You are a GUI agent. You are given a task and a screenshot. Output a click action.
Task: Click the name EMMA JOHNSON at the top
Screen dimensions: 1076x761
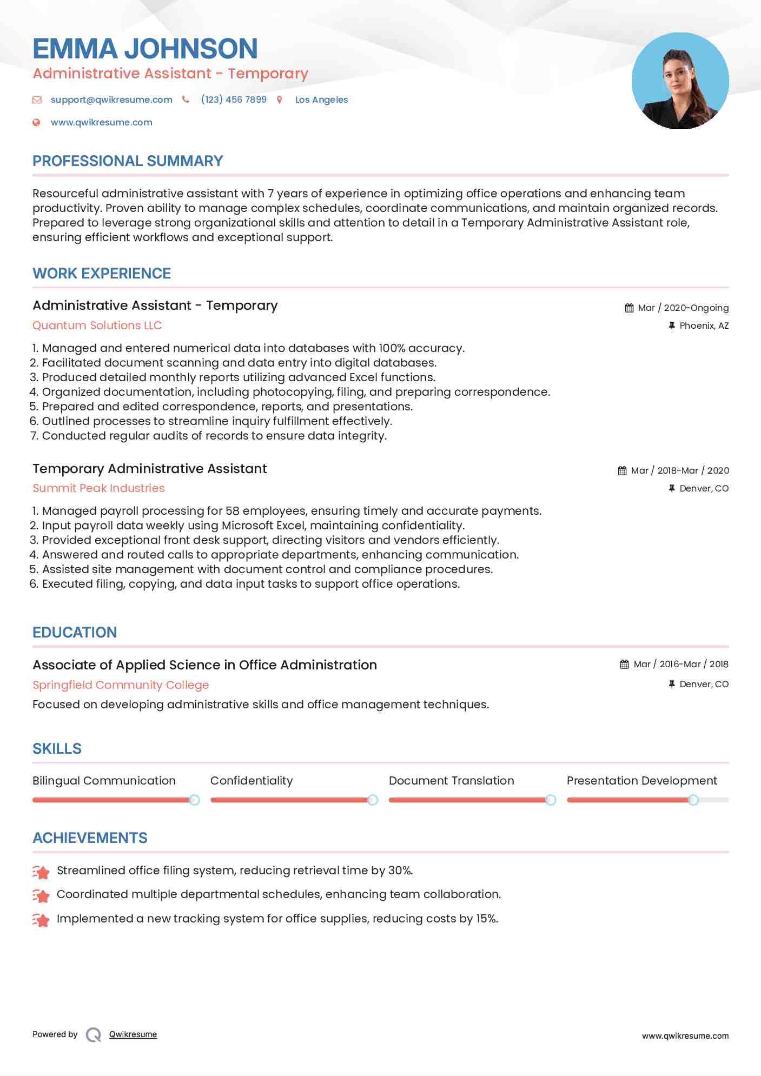145,49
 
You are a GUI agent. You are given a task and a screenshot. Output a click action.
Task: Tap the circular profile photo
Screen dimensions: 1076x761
680,81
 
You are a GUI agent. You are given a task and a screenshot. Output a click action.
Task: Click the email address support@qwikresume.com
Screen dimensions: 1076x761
111,99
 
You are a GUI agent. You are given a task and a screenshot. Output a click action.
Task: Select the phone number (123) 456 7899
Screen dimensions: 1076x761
234,99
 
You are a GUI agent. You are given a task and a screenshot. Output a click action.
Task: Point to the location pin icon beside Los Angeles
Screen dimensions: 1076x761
280,99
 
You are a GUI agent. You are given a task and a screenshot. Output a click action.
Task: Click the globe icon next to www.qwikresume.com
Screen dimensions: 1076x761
36,122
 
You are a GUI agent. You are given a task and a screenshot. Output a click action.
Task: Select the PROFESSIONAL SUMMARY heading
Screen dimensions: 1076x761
128,161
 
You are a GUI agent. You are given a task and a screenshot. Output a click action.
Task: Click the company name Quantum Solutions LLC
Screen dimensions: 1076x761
97,326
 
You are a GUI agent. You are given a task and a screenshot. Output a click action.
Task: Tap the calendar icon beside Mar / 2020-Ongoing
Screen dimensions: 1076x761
629,308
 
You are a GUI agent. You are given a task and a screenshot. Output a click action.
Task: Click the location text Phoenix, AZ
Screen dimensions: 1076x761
704,326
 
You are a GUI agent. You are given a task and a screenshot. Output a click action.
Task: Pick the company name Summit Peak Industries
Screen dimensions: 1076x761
98,488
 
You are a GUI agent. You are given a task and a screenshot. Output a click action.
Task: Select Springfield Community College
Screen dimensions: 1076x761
121,685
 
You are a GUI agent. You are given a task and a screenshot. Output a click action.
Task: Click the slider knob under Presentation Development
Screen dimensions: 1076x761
693,800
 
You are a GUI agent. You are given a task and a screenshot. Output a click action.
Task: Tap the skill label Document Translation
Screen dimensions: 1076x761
451,781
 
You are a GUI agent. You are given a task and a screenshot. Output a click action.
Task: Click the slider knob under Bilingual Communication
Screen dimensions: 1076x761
194,800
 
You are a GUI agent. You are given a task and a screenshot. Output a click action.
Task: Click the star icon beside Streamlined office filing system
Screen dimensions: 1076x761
41,872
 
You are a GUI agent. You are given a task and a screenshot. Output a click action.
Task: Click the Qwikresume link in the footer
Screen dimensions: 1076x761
133,1034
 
